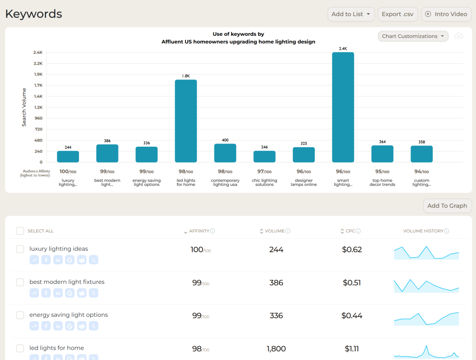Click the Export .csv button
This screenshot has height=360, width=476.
pyautogui.click(x=397, y=14)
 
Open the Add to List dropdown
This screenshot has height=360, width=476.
pyautogui.click(x=351, y=14)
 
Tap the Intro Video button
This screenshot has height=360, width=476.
pyautogui.click(x=446, y=14)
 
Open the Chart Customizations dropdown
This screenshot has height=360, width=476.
pyautogui.click(x=413, y=36)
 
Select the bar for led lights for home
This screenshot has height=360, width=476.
pyautogui.click(x=186, y=121)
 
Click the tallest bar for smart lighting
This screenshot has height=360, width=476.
pyautogui.click(x=343, y=107)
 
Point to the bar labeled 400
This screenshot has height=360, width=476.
pyautogui.click(x=225, y=153)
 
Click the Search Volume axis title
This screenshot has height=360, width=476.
pyautogui.click(x=24, y=107)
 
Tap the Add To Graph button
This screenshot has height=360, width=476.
pyautogui.click(x=447, y=206)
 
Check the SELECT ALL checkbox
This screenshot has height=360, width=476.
pyautogui.click(x=20, y=231)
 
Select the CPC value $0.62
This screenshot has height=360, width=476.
pyautogui.click(x=352, y=249)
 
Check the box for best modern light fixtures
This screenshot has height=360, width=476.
pyautogui.click(x=20, y=282)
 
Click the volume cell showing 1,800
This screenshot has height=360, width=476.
pyautogui.click(x=276, y=349)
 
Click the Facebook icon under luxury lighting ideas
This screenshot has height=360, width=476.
pyautogui.click(x=46, y=260)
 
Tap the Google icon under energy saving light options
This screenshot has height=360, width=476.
pyautogui.click(x=70, y=326)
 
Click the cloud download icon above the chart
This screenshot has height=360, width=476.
pyautogui.click(x=458, y=36)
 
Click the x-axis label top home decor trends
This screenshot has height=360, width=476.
pyautogui.click(x=382, y=183)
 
